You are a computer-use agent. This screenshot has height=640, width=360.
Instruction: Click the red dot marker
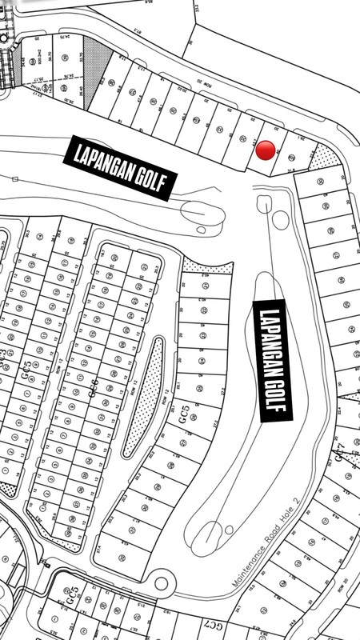[x=266, y=149]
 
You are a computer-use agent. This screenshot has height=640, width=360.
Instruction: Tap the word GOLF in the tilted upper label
[x=149, y=181]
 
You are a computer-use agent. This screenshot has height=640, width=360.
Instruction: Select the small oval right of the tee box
[x=280, y=218]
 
